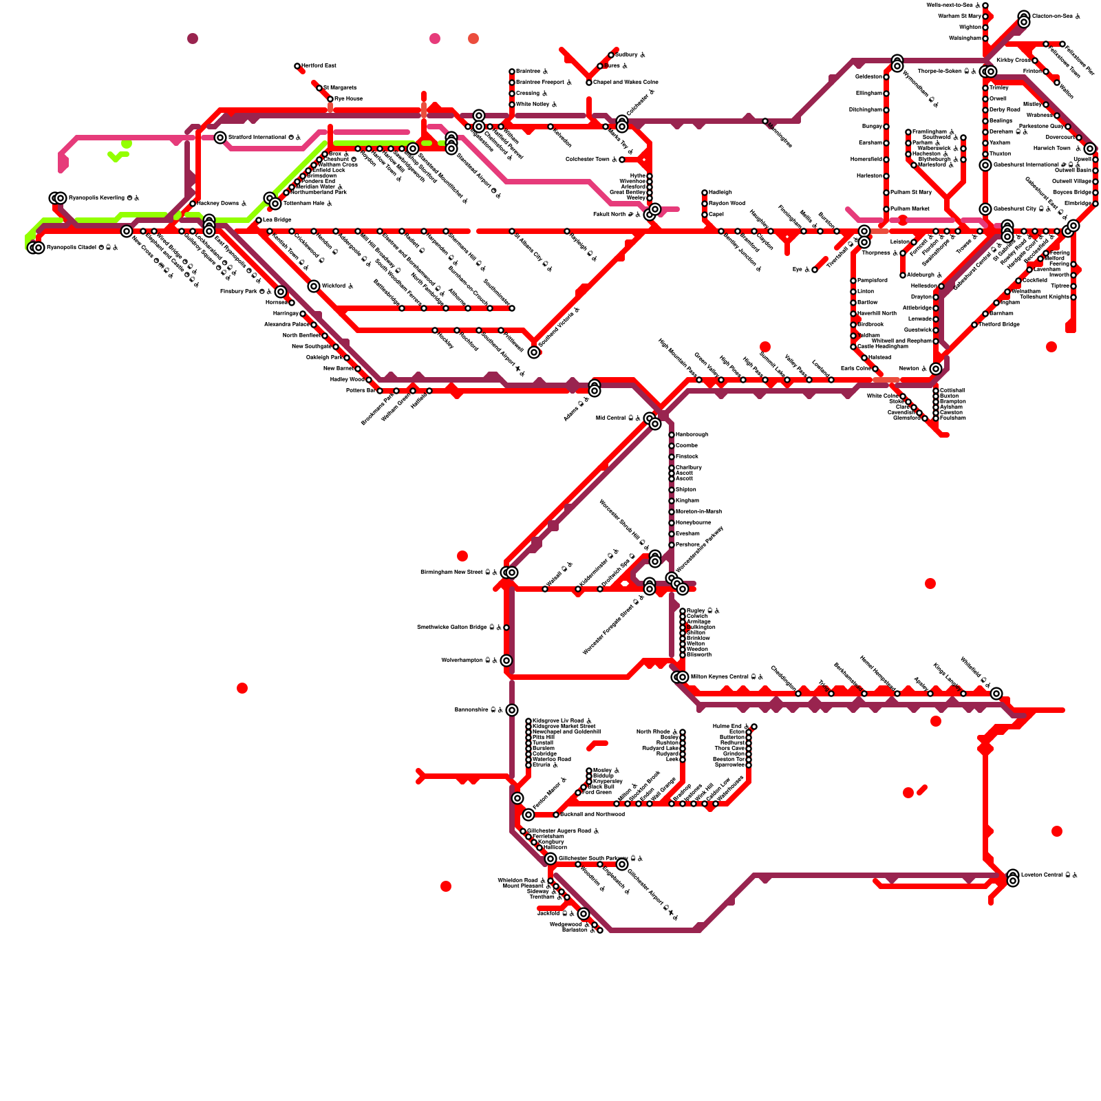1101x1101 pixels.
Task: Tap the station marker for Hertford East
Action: pyautogui.click(x=297, y=66)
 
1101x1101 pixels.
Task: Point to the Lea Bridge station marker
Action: pyautogui.click(x=259, y=220)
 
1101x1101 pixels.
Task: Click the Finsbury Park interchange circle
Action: pyautogui.click(x=281, y=292)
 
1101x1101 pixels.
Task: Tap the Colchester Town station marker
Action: pyautogui.click(x=622, y=160)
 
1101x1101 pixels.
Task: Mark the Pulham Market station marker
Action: pyautogui.click(x=886, y=209)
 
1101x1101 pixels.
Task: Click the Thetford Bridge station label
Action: pyautogui.click(x=998, y=325)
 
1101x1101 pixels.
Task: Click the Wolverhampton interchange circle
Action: pyautogui.click(x=506, y=661)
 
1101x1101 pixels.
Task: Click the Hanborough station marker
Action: pyautogui.click(x=672, y=435)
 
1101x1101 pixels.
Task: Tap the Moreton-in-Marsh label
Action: pyautogui.click(x=698, y=512)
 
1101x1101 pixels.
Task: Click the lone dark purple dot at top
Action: pyautogui.click(x=193, y=39)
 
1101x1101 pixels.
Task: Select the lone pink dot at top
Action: pyautogui.click(x=435, y=39)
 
